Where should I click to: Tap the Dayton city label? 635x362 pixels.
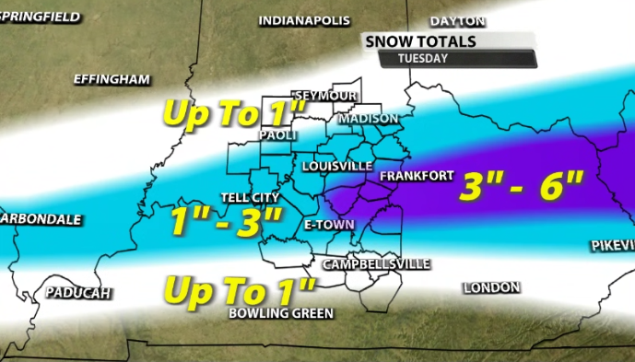[457, 20]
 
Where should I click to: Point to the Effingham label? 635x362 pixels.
[112, 80]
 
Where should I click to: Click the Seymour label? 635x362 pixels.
[324, 96]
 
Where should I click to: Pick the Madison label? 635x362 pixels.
[368, 119]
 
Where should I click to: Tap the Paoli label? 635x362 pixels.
[278, 134]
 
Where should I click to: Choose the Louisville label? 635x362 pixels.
[336, 166]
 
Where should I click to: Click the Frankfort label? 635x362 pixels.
[412, 175]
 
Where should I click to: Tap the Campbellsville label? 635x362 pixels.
[376, 263]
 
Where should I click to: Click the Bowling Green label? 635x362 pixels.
[280, 313]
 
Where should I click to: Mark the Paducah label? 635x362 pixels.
[77, 293]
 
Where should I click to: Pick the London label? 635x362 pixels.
[491, 288]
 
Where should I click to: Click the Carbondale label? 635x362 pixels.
[41, 220]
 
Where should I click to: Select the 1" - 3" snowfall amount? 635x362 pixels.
[226, 222]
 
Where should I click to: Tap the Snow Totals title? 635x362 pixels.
[420, 41]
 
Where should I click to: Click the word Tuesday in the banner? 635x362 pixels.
[422, 58]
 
